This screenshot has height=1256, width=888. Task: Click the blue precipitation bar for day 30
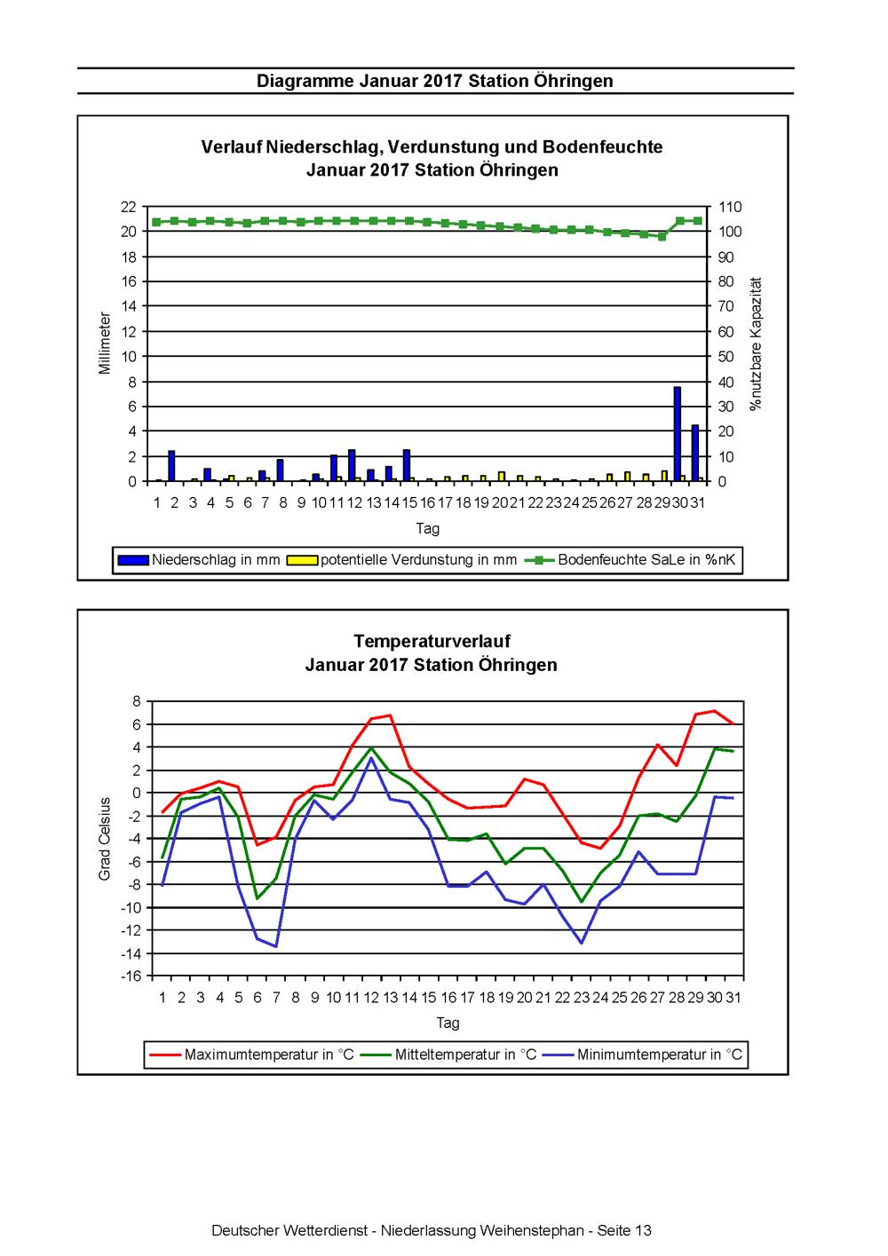click(x=677, y=433)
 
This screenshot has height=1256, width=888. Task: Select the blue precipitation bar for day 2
click(x=171, y=465)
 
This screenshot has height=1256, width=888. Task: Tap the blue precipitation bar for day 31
click(x=695, y=453)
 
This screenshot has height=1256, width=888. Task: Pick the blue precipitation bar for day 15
click(x=406, y=465)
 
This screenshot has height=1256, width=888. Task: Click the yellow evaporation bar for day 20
click(x=502, y=476)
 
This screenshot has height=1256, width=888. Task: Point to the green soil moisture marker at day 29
click(x=662, y=237)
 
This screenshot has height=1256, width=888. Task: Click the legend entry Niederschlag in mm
click(x=199, y=559)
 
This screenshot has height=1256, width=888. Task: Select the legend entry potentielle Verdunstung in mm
click(x=401, y=559)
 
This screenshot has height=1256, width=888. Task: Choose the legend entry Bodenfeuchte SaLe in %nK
click(x=630, y=559)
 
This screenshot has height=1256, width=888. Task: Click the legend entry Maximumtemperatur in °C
click(x=252, y=1055)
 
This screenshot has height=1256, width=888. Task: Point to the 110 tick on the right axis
click(x=730, y=207)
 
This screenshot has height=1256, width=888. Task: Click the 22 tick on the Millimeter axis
click(x=129, y=207)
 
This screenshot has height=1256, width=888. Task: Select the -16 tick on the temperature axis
click(x=131, y=976)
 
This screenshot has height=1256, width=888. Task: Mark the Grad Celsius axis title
click(x=104, y=839)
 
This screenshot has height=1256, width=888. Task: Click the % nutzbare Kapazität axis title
click(x=756, y=344)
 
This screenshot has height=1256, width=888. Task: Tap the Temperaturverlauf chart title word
click(x=432, y=641)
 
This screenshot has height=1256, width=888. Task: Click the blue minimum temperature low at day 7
click(x=276, y=946)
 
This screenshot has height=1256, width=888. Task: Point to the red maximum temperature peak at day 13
click(x=390, y=715)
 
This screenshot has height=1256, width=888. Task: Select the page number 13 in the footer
click(x=643, y=1230)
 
